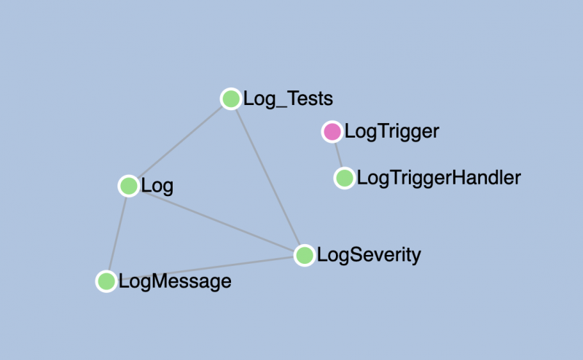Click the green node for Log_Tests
point(231,99)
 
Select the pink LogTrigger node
point(332,132)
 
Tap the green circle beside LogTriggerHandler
point(344,178)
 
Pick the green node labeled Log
point(129,186)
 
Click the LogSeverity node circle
point(305,256)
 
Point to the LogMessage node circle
point(106,281)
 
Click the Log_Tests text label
point(288,99)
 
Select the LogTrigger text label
point(392,132)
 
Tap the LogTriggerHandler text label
point(439,178)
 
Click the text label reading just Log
point(157,186)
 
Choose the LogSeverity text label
point(369,255)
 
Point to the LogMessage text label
point(175,281)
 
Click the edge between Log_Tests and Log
point(180,142)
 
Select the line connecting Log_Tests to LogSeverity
point(267,177)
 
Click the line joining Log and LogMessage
point(117,233)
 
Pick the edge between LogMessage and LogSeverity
point(206,268)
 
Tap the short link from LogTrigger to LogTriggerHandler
point(338,155)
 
